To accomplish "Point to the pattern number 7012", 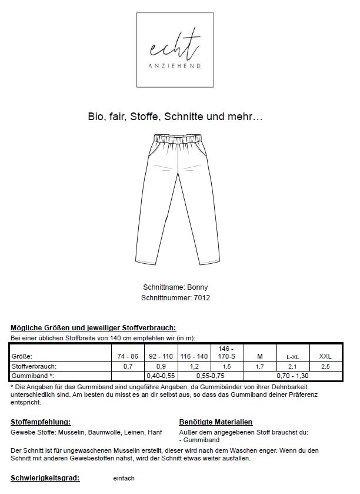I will (x=202, y=298).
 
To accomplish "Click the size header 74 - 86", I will (x=128, y=356).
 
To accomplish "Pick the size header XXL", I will (x=325, y=356).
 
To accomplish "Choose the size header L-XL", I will (x=292, y=357).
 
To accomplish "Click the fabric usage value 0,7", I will (x=128, y=366).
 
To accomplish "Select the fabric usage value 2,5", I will (x=325, y=366).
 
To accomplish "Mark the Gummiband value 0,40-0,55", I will (x=161, y=375).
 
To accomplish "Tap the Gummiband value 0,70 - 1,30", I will (x=293, y=375).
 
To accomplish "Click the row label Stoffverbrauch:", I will (x=34, y=366).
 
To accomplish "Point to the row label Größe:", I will (x=22, y=356).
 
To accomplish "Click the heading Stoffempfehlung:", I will (x=41, y=422).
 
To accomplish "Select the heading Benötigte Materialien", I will (x=215, y=422).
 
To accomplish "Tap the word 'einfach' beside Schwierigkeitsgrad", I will (x=124, y=478).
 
